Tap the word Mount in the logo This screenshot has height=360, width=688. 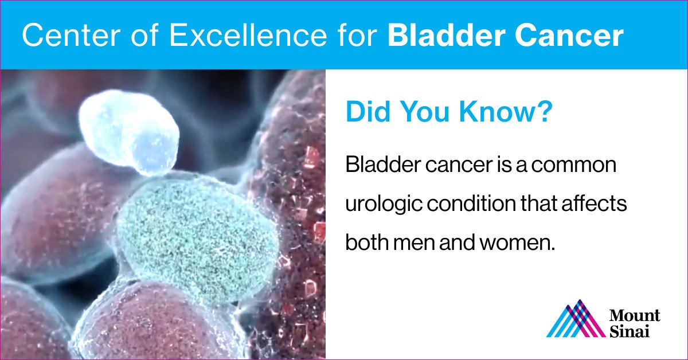tap(635, 316)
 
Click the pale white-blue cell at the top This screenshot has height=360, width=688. tap(128, 131)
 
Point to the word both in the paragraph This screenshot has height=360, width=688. tap(366, 242)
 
